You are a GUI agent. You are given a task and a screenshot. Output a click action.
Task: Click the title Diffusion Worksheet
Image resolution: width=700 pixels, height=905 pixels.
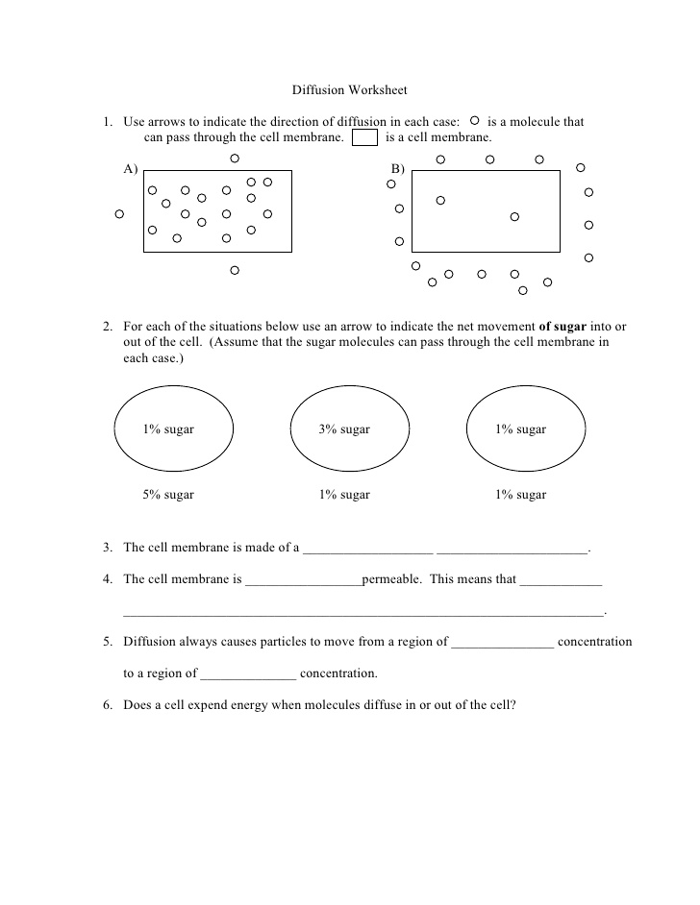coord(349,90)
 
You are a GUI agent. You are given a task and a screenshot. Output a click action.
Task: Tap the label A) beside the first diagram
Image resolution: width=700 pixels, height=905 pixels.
coord(131,169)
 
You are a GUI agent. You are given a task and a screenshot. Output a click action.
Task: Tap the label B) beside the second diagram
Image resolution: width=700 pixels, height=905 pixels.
coord(397,169)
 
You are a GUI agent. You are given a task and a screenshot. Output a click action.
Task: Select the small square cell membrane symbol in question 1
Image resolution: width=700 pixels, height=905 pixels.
coord(364,137)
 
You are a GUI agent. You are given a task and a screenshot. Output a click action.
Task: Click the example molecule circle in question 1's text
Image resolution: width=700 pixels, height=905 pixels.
coord(475,122)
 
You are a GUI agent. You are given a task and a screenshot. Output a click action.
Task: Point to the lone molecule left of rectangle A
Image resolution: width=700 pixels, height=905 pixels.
coord(119,214)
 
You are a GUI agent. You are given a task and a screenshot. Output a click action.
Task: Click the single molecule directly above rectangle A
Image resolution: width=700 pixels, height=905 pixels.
coord(235,159)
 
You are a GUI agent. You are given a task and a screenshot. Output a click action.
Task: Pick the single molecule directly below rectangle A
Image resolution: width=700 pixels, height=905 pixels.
coord(235,271)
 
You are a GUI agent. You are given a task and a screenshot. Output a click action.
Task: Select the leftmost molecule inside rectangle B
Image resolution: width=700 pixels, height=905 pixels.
coord(440,201)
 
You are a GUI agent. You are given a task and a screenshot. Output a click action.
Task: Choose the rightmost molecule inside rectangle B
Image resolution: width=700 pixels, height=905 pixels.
coord(514,217)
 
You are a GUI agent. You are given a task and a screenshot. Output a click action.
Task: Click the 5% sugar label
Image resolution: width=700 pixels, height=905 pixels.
coord(168,495)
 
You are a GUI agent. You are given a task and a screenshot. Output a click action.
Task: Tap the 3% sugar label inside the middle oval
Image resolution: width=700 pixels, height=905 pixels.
coord(344,429)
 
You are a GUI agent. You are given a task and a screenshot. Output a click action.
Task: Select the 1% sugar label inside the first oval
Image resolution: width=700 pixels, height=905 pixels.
coord(168,429)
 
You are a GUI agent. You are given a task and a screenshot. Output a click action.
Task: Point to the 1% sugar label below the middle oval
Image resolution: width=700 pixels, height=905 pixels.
coord(344,495)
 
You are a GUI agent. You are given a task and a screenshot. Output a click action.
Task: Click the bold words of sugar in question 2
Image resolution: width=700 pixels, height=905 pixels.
coord(562,326)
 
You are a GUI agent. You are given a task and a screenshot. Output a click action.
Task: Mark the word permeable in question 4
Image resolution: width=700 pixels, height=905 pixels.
coord(390,579)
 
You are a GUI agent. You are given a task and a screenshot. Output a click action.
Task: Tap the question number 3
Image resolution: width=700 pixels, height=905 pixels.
coord(108,548)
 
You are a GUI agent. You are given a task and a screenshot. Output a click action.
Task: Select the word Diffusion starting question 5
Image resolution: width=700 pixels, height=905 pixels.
coord(149,642)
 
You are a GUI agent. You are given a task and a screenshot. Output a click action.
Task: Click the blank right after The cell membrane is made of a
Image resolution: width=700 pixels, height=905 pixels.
coord(368,549)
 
